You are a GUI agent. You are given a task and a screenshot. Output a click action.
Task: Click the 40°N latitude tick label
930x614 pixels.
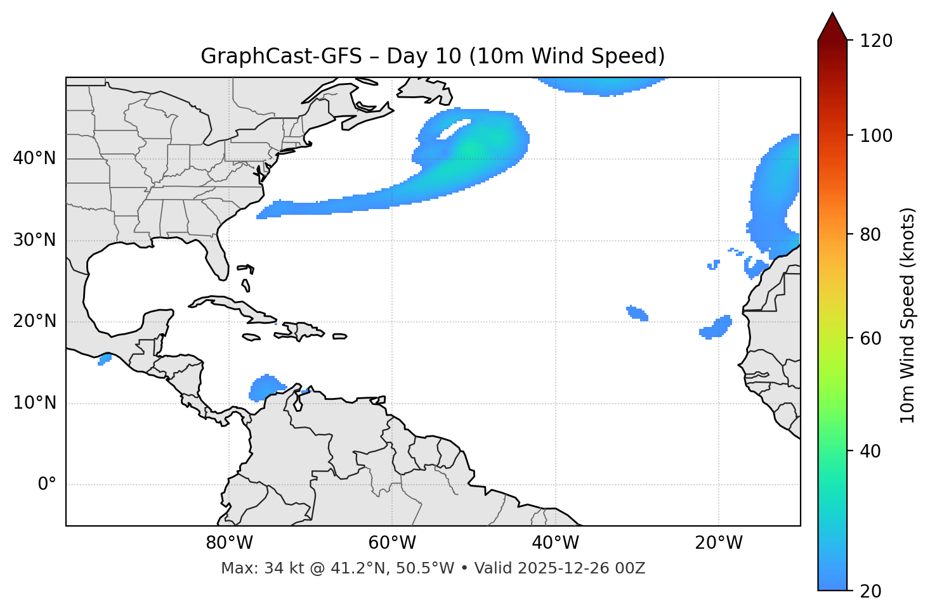pyautogui.click(x=34, y=158)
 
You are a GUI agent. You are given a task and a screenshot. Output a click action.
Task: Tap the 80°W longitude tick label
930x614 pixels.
pyautogui.click(x=229, y=543)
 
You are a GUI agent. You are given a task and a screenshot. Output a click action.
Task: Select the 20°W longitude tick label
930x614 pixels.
pyautogui.click(x=719, y=543)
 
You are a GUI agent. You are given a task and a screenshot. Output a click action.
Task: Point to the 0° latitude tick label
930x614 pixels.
pyautogui.click(x=47, y=485)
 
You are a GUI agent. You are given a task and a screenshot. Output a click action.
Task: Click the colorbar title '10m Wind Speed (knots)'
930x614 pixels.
pyautogui.click(x=908, y=315)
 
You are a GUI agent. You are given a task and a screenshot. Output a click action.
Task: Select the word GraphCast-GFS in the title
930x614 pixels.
pyautogui.click(x=281, y=56)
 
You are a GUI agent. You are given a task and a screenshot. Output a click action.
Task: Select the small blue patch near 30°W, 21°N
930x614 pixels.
pyautogui.click(x=637, y=313)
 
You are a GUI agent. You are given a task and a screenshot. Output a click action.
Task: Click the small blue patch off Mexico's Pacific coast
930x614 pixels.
pyautogui.click(x=105, y=359)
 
